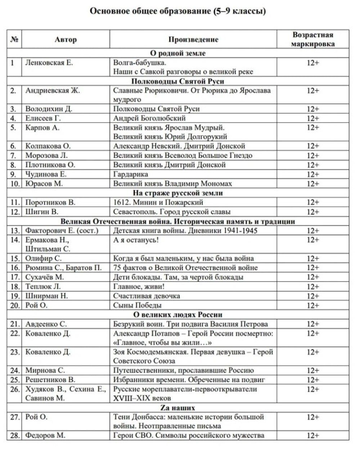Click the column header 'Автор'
pyautogui.click(x=66, y=39)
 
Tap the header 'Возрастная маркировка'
pyautogui.click(x=312, y=39)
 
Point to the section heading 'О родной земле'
pyautogui.click(x=177, y=53)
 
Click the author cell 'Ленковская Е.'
pyautogui.click(x=49, y=63)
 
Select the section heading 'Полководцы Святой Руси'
pyautogui.click(x=177, y=81)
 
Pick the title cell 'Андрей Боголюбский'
pyautogui.click(x=149, y=118)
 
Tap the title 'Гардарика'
pyautogui.click(x=131, y=174)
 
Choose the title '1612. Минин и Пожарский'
pyautogui.click(x=158, y=202)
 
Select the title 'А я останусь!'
pyautogui.click(x=136, y=240)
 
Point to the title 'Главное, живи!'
pyautogui.click(x=139, y=287)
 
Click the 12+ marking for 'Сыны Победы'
pyautogui.click(x=312, y=305)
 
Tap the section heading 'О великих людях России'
pyautogui.click(x=177, y=315)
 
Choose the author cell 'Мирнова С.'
pyautogui.click(x=45, y=370)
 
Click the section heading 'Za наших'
pyautogui.click(x=177, y=408)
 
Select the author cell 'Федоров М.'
pyautogui.click(x=45, y=436)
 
